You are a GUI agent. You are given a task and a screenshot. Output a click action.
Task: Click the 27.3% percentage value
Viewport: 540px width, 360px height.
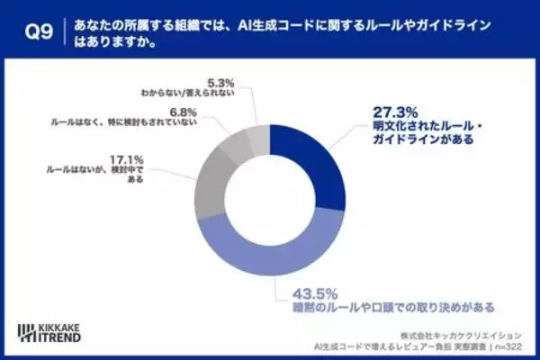(x=394, y=114)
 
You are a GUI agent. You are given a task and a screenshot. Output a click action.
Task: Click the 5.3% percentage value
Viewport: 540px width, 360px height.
(x=220, y=78)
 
